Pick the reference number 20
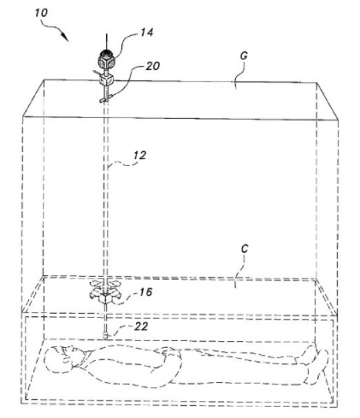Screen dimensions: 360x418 pyautogui.click(x=152, y=67)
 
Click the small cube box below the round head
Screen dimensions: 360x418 pyautogui.click(x=108, y=82)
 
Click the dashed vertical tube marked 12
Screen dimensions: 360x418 pyautogui.click(x=108, y=188)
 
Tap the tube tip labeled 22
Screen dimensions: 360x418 pyautogui.click(x=107, y=332)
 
